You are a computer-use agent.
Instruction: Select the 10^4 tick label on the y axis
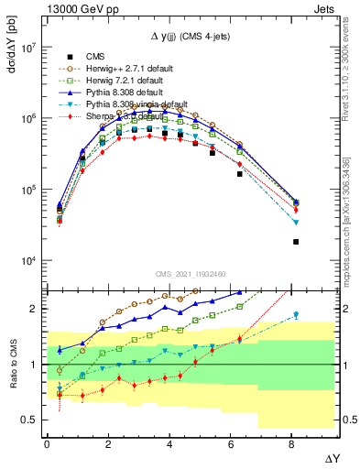[28, 261]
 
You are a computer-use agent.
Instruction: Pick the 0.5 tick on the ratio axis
[28, 420]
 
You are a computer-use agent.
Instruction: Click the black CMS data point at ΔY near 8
[296, 242]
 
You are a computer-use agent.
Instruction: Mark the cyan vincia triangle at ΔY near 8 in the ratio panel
[296, 315]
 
